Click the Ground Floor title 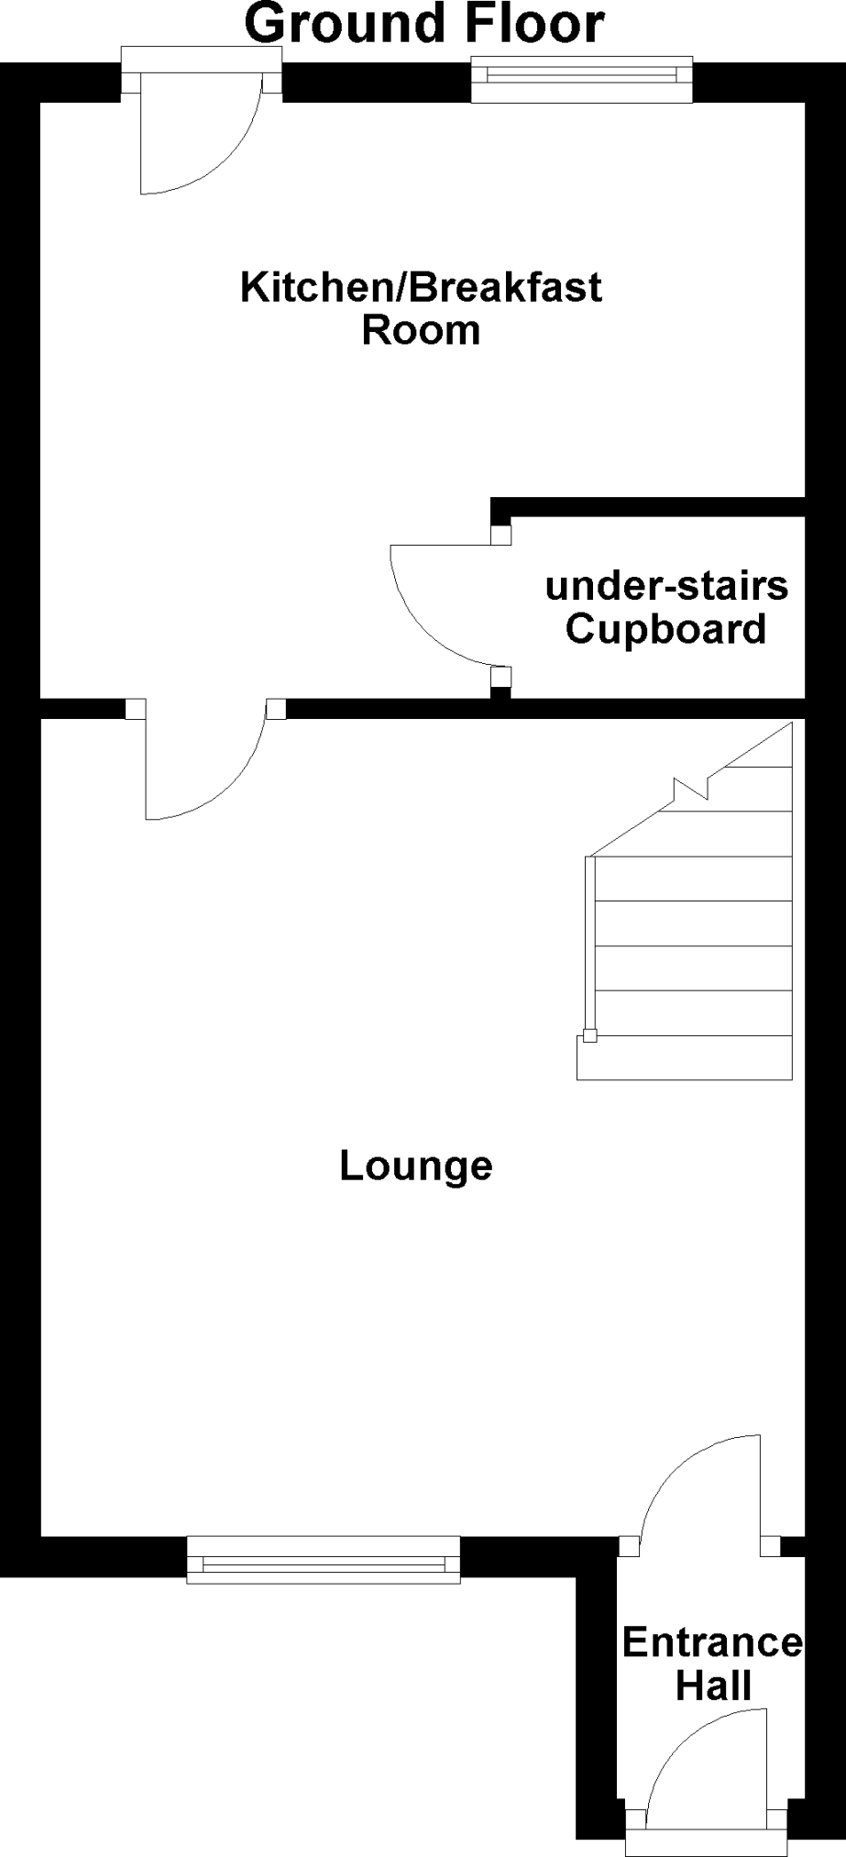pos(423,24)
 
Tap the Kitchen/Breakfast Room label pos(421,308)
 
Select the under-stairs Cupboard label pos(666,607)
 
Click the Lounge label pos(416,1166)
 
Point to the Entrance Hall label pos(712,1664)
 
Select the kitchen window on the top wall pos(582,80)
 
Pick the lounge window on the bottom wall pos(323,1559)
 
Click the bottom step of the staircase pos(684,1057)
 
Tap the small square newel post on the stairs pos(589,1036)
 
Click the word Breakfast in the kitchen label pos(505,287)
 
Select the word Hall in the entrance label pos(713,1686)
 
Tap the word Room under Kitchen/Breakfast pos(421,330)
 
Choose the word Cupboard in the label pos(665,629)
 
